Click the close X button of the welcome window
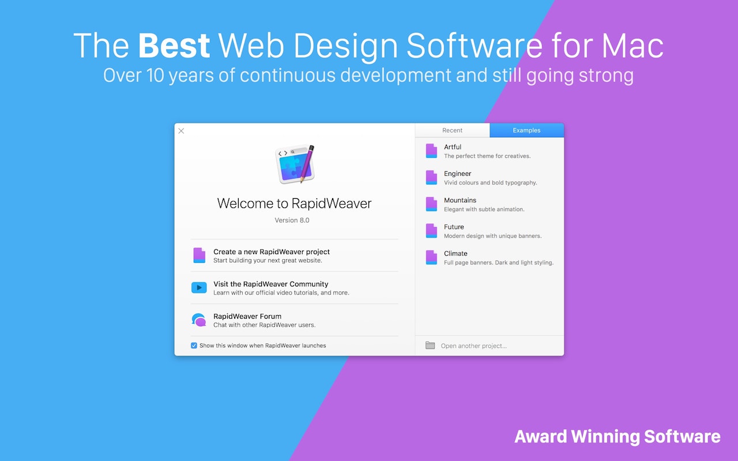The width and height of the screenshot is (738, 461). pyautogui.click(x=181, y=131)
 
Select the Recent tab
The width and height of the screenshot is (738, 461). pyautogui.click(x=453, y=130)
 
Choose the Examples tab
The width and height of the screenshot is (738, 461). pyautogui.click(x=526, y=130)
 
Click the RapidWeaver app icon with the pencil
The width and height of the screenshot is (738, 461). pyautogui.click(x=295, y=164)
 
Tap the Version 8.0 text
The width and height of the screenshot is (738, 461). pyautogui.click(x=292, y=220)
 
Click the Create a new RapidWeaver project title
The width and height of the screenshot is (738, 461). pyautogui.click(x=272, y=252)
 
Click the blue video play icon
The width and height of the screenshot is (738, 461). pyautogui.click(x=199, y=288)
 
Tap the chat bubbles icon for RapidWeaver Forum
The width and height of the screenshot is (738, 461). pyautogui.click(x=199, y=320)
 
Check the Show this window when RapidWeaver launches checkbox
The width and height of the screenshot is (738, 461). pyautogui.click(x=194, y=345)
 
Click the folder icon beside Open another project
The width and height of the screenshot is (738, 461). pyautogui.click(x=430, y=345)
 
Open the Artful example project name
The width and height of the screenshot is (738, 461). pyautogui.click(x=453, y=147)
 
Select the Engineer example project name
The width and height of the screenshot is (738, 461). pyautogui.click(x=457, y=174)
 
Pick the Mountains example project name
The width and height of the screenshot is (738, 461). pyautogui.click(x=460, y=200)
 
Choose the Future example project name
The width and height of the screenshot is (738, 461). pyautogui.click(x=454, y=227)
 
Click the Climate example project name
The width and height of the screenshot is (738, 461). pyautogui.click(x=455, y=254)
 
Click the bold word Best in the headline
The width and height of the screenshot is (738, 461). pyautogui.click(x=174, y=46)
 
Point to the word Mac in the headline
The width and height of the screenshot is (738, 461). pyautogui.click(x=632, y=46)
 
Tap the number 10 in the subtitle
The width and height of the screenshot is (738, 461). pyautogui.click(x=155, y=75)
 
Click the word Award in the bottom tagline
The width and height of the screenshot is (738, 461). pyautogui.click(x=541, y=437)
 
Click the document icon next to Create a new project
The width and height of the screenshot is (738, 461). pyautogui.click(x=199, y=255)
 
